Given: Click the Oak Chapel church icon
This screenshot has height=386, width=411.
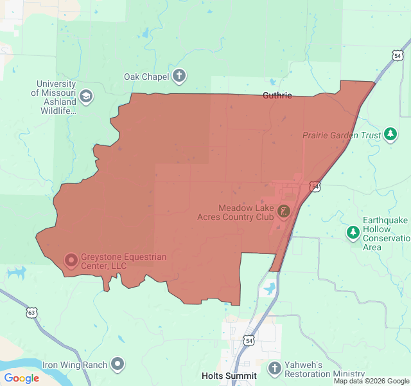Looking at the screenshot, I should pyautogui.click(x=179, y=77).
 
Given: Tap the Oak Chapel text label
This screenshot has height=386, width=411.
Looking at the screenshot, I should pyautogui.click(x=146, y=77).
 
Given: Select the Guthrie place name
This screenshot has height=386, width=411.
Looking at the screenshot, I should pyautogui.click(x=277, y=96).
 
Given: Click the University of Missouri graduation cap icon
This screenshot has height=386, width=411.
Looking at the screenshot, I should pyautogui.click(x=86, y=97).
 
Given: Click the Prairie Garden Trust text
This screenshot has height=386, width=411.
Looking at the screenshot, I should pyautogui.click(x=342, y=136).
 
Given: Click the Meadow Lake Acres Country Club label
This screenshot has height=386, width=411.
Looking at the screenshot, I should pyautogui.click(x=246, y=212).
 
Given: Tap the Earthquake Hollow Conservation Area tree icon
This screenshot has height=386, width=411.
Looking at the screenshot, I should pyautogui.click(x=353, y=233).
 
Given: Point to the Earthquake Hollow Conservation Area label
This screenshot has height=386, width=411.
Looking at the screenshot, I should pyautogui.click(x=385, y=234).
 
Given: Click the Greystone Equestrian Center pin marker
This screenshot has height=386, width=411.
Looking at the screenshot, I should pyautogui.click(x=71, y=261).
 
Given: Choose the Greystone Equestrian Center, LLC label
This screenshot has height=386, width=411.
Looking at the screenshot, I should pyautogui.click(x=123, y=261).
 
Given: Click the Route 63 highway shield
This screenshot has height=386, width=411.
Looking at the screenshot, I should pyautogui.click(x=31, y=313).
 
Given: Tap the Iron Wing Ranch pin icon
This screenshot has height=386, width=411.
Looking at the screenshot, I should pyautogui.click(x=117, y=365).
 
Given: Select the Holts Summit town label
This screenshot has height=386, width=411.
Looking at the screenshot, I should pyautogui.click(x=229, y=376).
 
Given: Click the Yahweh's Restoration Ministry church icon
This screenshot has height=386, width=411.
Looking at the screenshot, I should pyautogui.click(x=275, y=369).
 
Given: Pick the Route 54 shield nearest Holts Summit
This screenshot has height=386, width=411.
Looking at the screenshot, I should pyautogui.click(x=248, y=339).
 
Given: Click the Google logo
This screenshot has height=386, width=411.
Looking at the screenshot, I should pyautogui.click(x=21, y=378).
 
